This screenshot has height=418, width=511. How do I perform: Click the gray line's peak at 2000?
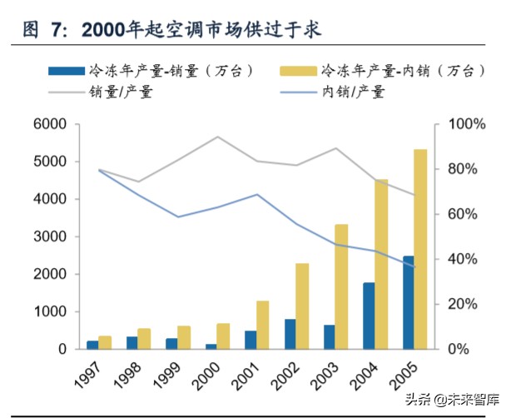(218, 137)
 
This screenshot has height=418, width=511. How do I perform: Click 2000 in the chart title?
(107, 29)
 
